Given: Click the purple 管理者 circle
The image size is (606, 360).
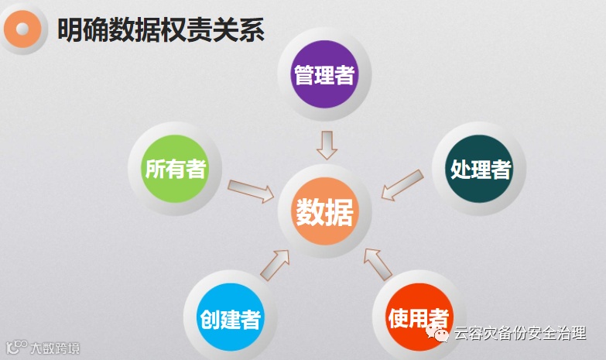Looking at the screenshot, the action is (x=324, y=74).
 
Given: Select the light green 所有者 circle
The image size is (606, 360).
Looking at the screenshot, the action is (x=176, y=168).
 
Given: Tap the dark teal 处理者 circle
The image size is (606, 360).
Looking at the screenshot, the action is (x=480, y=169).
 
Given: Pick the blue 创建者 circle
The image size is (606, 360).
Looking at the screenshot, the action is (x=230, y=317).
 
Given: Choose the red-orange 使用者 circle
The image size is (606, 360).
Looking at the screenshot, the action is (x=418, y=317).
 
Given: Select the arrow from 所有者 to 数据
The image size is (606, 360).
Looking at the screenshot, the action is (x=252, y=190).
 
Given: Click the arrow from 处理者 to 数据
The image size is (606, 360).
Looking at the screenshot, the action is (x=402, y=185).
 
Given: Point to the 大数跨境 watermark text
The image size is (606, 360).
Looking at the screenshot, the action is (x=55, y=348).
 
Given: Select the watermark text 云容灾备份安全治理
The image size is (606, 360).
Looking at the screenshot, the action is (x=519, y=334).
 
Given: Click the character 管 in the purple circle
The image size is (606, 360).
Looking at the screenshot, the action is (x=303, y=75).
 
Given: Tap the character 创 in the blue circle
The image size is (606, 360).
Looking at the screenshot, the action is (x=210, y=318).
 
